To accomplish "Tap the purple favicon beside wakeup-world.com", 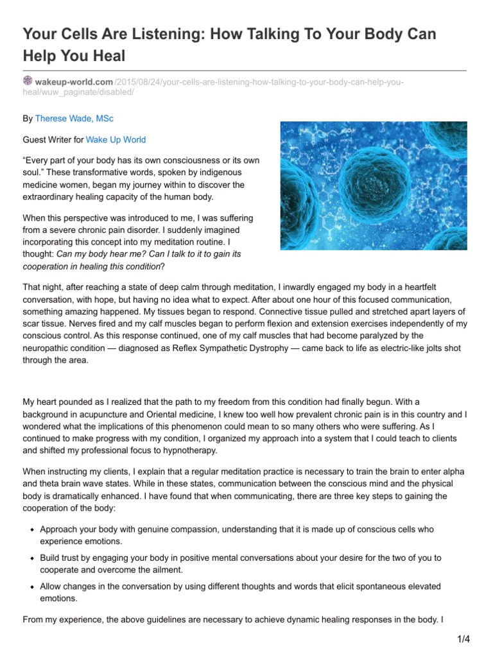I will click(28, 81).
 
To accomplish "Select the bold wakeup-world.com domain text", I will click(74, 82).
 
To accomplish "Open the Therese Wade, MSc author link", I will click(74, 119).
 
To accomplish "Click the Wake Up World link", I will click(116, 139).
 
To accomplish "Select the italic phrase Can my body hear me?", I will click(101, 254).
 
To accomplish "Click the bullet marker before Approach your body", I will click(32, 531).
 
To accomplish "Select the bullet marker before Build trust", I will click(32, 559).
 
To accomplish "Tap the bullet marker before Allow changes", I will click(32, 587).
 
